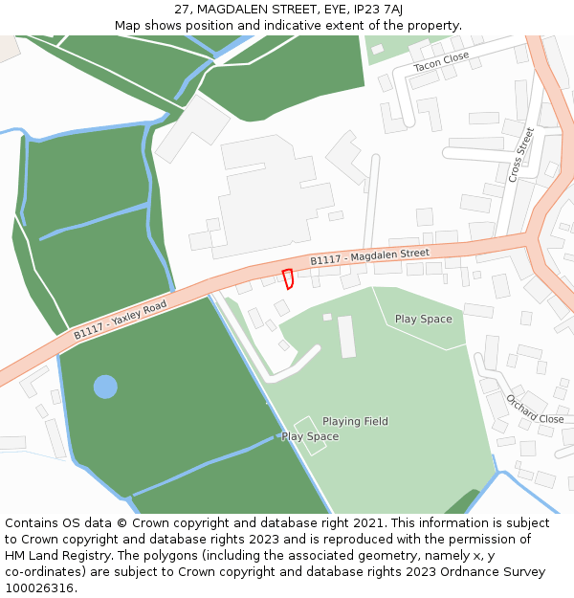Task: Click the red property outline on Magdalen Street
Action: pyautogui.click(x=287, y=278)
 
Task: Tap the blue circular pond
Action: pyautogui.click(x=105, y=387)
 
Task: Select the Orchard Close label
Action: pyautogui.click(x=535, y=410)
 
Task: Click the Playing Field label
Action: pyautogui.click(x=355, y=421)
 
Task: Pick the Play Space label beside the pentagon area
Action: pyautogui.click(x=423, y=319)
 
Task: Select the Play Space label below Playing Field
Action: pyautogui.click(x=310, y=436)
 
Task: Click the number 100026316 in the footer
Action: pyautogui.click(x=40, y=587)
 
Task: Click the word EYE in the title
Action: pyautogui.click(x=335, y=9)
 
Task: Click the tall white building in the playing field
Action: pyautogui.click(x=346, y=336)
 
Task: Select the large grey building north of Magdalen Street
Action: pyautogui.click(x=263, y=196)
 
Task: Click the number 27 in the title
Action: pyautogui.click(x=182, y=9)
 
